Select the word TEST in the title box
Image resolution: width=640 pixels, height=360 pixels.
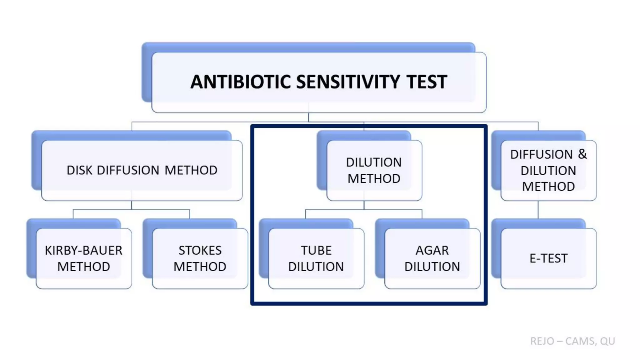(x=427, y=82)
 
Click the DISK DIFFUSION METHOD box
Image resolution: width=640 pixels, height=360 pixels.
(x=142, y=170)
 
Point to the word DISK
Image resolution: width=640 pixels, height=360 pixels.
(x=79, y=170)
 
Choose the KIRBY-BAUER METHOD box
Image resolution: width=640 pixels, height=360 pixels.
(x=84, y=258)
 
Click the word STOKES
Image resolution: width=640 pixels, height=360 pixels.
(x=200, y=250)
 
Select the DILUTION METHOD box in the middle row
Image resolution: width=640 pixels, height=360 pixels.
(x=374, y=170)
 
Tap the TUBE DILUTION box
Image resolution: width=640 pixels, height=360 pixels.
(x=316, y=258)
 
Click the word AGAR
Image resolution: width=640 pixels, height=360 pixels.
(x=432, y=250)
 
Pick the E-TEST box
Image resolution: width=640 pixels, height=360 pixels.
(x=548, y=258)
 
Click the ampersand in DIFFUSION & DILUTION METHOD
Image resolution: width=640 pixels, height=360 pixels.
(x=582, y=154)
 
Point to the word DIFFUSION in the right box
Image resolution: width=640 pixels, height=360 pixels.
(x=541, y=154)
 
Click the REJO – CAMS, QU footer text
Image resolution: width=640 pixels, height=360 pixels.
(x=572, y=341)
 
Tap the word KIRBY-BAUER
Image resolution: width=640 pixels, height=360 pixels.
(x=84, y=250)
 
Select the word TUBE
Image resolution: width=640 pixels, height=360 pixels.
(x=316, y=250)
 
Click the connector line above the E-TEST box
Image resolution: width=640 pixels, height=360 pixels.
(x=538, y=210)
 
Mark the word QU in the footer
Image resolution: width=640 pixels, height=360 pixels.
(x=607, y=341)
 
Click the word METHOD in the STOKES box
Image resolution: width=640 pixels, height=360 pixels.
(x=200, y=267)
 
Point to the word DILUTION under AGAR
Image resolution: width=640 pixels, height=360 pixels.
(x=432, y=267)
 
